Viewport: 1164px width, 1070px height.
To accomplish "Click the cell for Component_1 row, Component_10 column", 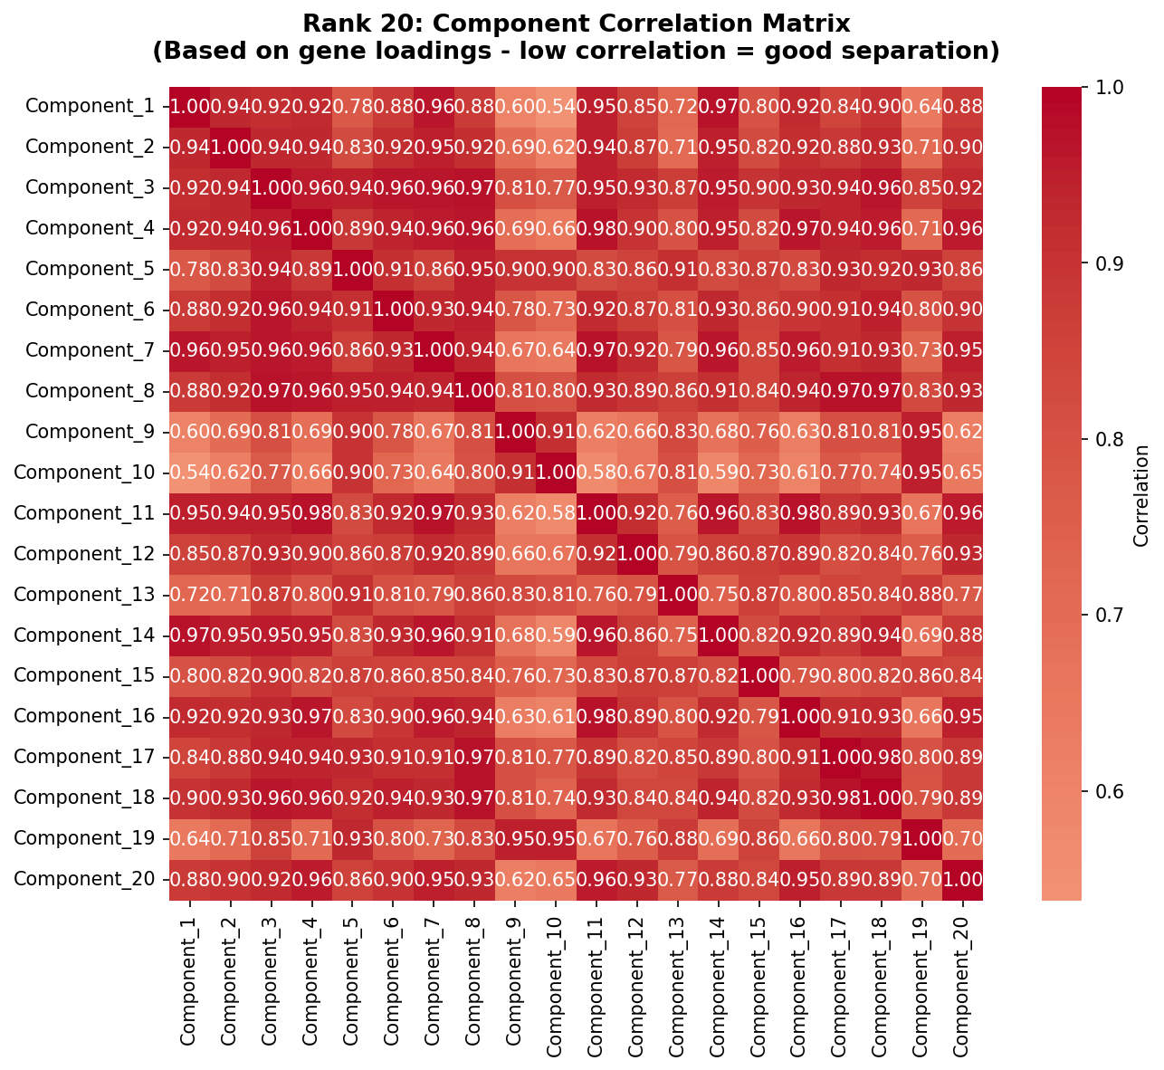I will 556,106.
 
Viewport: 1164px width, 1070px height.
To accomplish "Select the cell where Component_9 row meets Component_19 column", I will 922,431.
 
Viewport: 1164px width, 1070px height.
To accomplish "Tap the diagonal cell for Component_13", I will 678,594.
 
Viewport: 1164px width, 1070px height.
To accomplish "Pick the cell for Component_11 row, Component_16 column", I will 800,512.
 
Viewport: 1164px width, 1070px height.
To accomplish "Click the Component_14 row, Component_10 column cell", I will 556,635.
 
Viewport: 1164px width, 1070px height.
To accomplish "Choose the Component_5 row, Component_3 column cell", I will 271,269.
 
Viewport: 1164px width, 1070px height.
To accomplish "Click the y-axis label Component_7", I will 90,350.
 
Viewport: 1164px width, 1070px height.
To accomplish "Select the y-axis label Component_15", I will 84,675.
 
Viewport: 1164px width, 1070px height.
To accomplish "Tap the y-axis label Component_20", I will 84,878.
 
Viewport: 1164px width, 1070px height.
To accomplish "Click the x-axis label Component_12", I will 637,987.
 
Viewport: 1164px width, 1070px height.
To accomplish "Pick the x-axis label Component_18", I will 882,987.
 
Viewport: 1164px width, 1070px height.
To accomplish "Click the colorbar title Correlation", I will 1140,493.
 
